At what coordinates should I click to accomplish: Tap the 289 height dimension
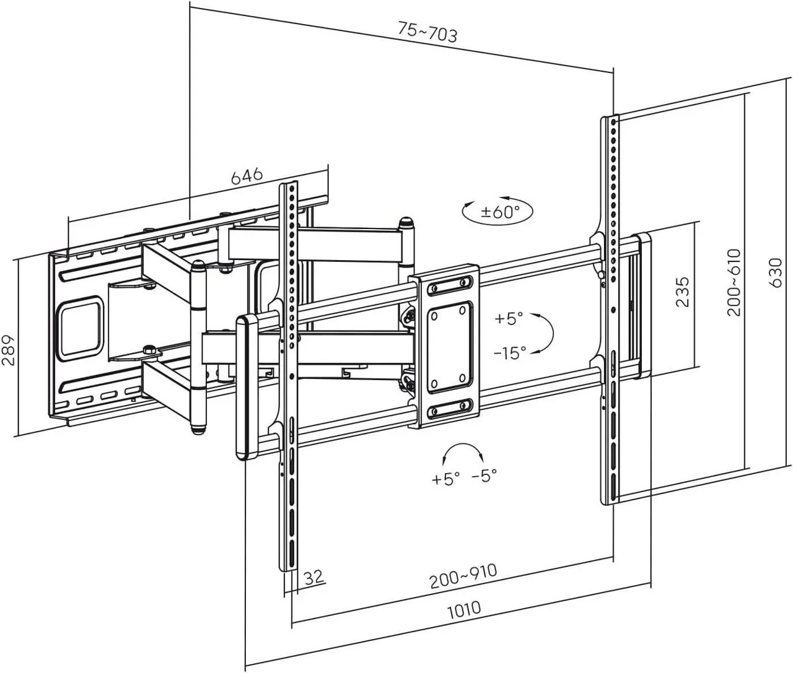pos(8,351)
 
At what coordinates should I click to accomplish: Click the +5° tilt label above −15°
pos(509,318)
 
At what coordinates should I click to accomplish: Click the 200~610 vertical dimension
pos(734,282)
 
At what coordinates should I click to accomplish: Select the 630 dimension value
pos(775,272)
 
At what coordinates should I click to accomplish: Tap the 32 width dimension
pos(314,577)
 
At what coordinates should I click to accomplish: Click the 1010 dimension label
pos(463,609)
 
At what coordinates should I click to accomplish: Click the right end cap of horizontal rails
pos(642,305)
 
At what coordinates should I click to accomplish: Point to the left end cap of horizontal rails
pos(246,387)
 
